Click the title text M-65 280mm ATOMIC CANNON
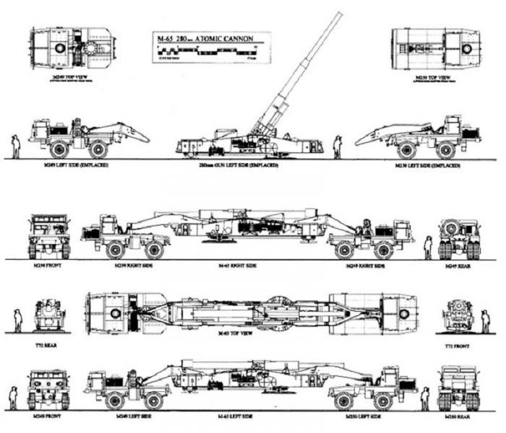pyautogui.click(x=211, y=37)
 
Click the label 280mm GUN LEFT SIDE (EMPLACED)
pyautogui.click(x=249, y=165)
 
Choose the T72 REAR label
pyautogui.click(x=45, y=346)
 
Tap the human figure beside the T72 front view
pyautogui.click(x=485, y=320)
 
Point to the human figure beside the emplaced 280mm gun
pyautogui.click(x=337, y=146)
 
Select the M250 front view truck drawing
pyautogui.click(x=48, y=236)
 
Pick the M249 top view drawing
pyautogui.click(x=70, y=48)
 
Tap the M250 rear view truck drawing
pyautogui.click(x=458, y=388)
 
